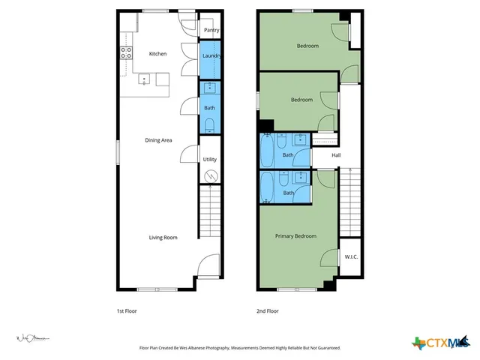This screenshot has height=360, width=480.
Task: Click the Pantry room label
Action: click(x=211, y=31)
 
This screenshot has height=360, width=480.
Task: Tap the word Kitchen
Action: click(x=157, y=54)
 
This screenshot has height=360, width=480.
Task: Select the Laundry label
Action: click(x=211, y=55)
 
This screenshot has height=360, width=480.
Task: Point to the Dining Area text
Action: click(x=158, y=139)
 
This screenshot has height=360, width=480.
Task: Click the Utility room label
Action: click(x=210, y=159)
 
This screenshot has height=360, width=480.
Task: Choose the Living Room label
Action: click(x=163, y=237)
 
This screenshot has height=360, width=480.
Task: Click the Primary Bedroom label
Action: click(x=295, y=236)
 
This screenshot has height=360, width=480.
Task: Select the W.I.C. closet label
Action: click(x=351, y=256)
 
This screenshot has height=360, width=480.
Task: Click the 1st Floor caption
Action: click(x=127, y=310)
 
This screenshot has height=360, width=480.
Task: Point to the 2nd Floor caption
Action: click(x=268, y=310)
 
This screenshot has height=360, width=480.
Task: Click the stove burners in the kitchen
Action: click(x=126, y=52)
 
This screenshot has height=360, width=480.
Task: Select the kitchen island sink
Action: click(x=143, y=78)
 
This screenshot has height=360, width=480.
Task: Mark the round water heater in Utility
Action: click(x=211, y=175)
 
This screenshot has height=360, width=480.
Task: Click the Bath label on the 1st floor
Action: click(x=209, y=108)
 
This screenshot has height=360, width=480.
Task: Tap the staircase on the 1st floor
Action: click(x=211, y=214)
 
